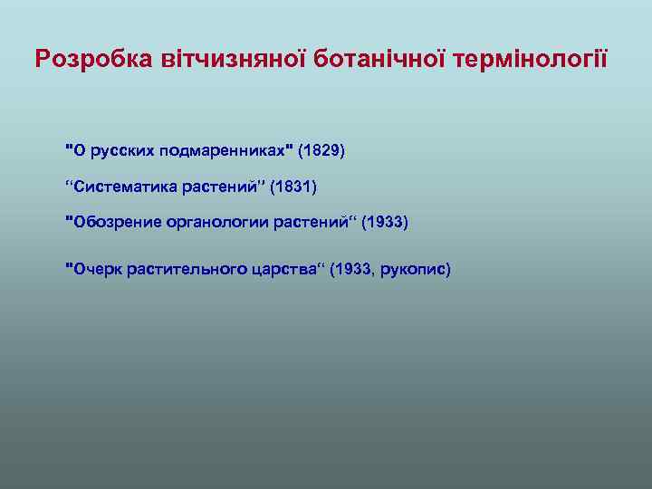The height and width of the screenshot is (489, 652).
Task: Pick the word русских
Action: [119, 149]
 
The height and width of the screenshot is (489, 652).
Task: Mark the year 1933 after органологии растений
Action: [385, 222]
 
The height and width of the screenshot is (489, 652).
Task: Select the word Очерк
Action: [95, 268]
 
